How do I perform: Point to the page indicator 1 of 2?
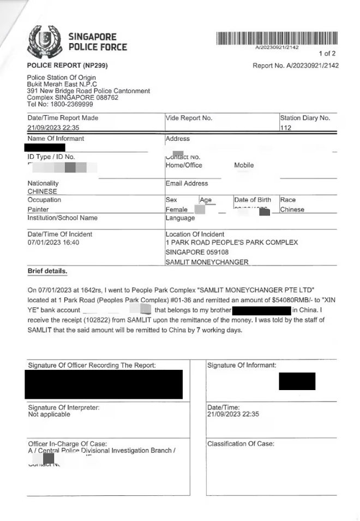pos(327,53)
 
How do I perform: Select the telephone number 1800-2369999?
pos(67,104)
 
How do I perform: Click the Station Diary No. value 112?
pos(286,128)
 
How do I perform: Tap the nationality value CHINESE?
pos(43,192)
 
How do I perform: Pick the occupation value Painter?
pos(38,209)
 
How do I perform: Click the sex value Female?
pos(177,209)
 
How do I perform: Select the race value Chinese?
pos(292,209)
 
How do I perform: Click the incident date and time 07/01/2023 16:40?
pos(53,243)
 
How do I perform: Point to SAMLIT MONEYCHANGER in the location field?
pos(207,262)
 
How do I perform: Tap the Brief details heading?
pos(47,271)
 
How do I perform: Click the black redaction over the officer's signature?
pos(104,384)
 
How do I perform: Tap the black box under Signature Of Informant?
pos(297,381)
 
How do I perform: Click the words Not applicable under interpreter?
pos(49,415)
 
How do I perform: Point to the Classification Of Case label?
pos(241,444)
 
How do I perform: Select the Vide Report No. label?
pos(189,118)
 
